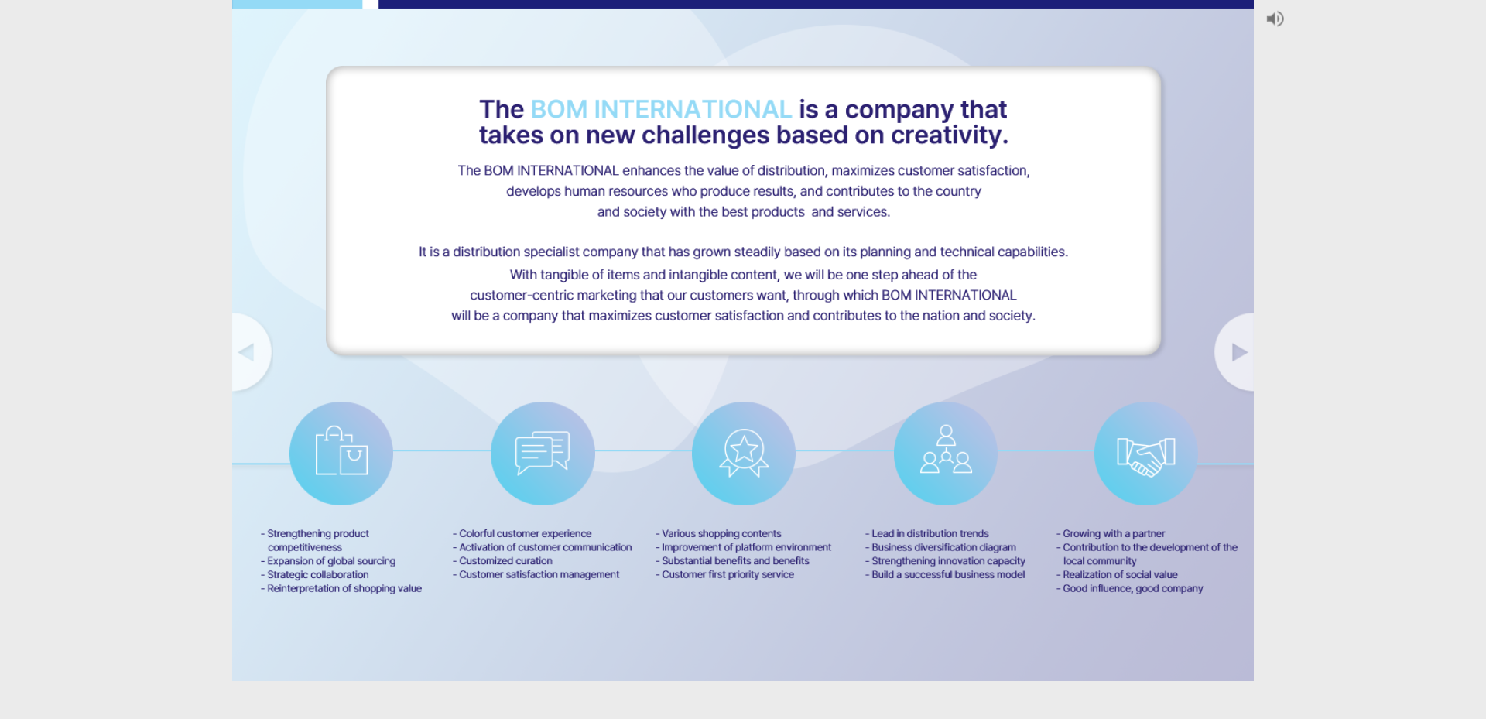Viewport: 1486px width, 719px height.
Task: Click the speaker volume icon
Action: pos(1275,19)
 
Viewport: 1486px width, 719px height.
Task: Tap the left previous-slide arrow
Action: pos(247,352)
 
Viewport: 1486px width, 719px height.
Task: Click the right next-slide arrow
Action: pos(1239,352)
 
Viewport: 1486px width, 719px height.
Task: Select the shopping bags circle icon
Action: pos(341,454)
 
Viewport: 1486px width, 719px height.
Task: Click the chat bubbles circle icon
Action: pos(543,454)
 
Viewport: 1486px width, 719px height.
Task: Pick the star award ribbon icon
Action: pos(744,454)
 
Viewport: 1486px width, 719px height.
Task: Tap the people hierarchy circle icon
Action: pos(946,454)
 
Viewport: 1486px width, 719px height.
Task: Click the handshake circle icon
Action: pos(1146,454)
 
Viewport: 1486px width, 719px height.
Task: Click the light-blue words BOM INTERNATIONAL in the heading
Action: pos(661,109)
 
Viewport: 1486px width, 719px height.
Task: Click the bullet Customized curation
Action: pos(502,561)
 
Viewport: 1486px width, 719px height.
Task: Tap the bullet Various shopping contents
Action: pos(718,534)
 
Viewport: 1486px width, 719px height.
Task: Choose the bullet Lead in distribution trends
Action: pos(927,534)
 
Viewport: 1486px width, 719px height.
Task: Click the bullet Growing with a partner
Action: pos(1111,534)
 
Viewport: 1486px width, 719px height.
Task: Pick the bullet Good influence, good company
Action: pos(1129,589)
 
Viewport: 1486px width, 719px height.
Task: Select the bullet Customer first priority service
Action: pos(724,575)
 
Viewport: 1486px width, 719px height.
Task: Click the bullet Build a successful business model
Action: pos(945,575)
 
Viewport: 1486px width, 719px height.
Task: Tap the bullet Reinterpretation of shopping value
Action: pos(341,589)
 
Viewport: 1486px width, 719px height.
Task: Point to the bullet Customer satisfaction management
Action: pos(536,575)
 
